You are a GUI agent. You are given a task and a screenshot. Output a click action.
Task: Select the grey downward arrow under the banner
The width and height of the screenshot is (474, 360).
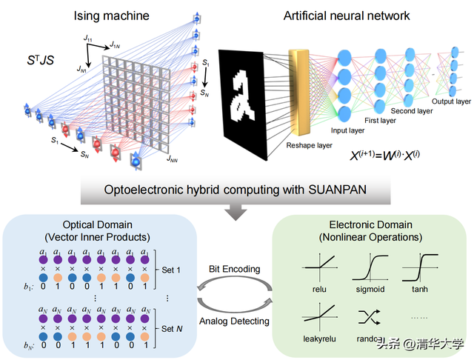point(236,213)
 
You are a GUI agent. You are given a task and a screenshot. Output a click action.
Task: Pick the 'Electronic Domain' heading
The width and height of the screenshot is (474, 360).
point(371,227)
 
